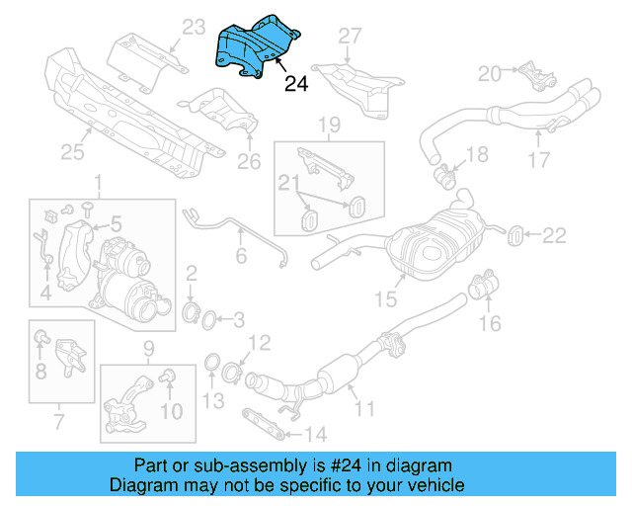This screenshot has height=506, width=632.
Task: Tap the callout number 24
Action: coord(295,85)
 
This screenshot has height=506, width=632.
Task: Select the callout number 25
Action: coord(71,152)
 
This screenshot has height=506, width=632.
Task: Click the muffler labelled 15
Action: coord(433,241)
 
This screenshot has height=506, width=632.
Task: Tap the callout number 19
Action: coord(329,125)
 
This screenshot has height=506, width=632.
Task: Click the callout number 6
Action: coord(239,256)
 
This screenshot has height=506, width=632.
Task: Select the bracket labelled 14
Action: coord(264,422)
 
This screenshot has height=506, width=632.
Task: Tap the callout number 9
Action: coord(150,347)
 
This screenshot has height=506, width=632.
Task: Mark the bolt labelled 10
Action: coord(166,376)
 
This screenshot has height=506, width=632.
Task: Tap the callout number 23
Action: coord(192,26)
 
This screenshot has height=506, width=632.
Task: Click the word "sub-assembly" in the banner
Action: coord(239,465)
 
